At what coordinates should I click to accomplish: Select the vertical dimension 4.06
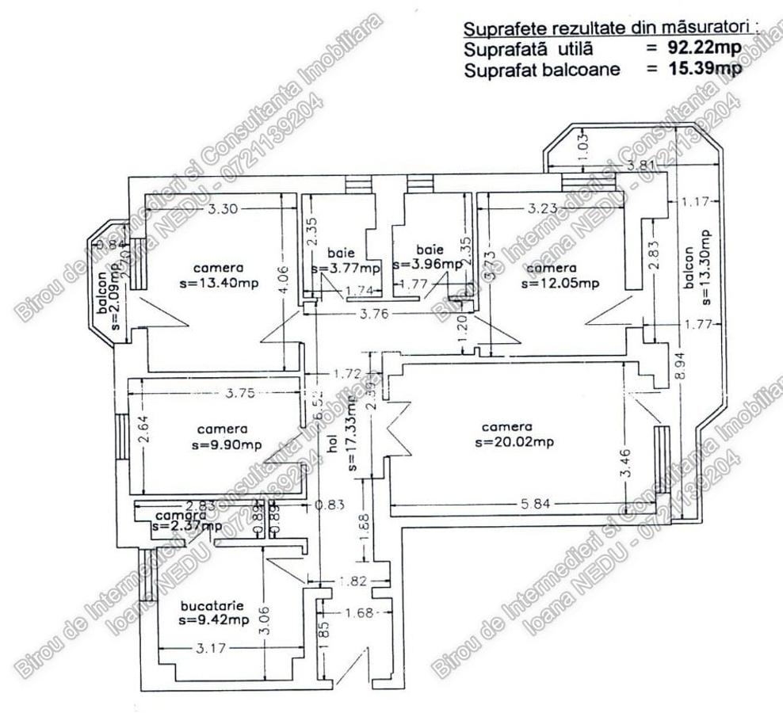pyautogui.click(x=285, y=279)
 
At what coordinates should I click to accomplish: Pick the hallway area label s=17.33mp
pyautogui.click(x=350, y=432)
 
